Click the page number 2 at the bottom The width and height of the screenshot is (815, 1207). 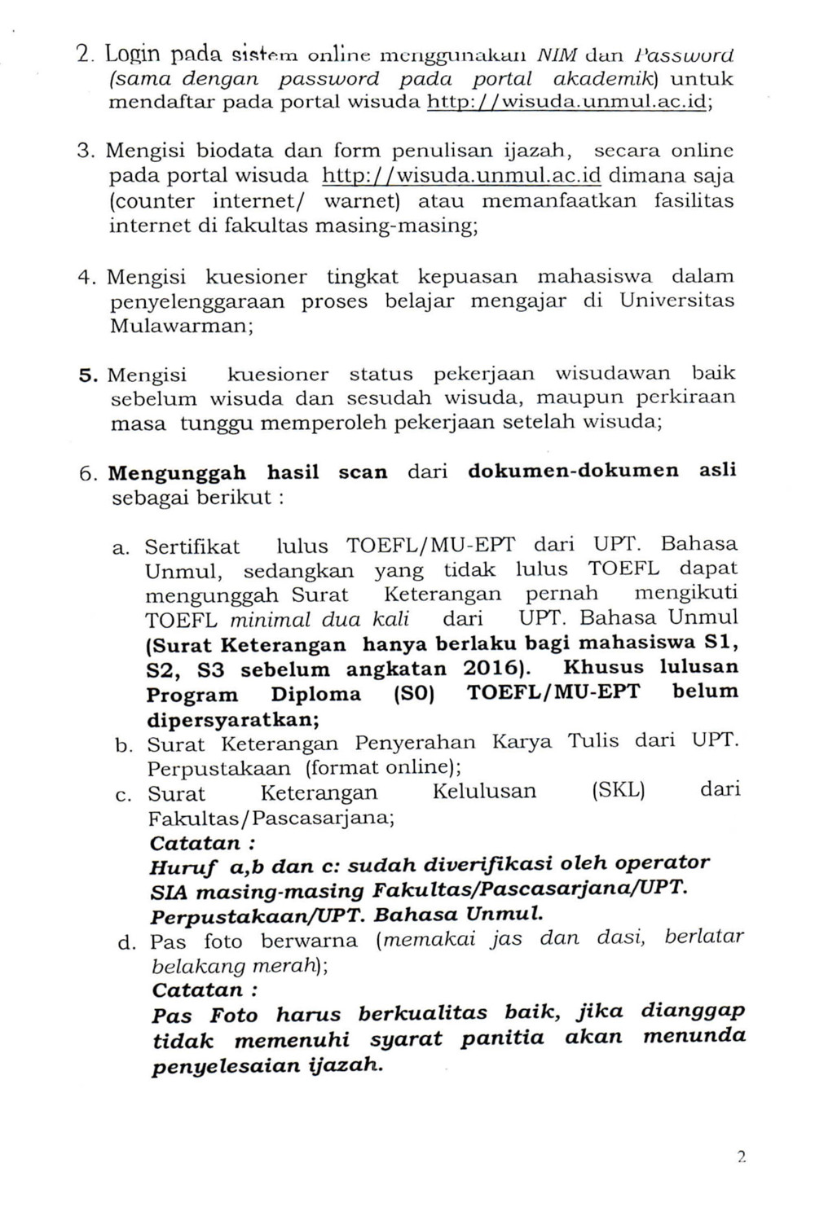742,1157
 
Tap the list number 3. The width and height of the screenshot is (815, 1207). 86,151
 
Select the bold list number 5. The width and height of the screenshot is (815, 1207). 87,375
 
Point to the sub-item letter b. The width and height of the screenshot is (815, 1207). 124,745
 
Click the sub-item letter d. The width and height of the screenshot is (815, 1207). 126,942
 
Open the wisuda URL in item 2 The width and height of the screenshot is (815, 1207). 566,103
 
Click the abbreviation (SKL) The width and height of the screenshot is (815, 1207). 617,791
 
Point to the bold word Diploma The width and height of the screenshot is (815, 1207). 315,694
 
